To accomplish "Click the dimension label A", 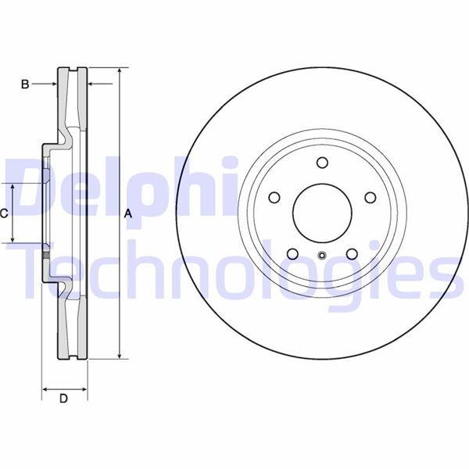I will (130, 214).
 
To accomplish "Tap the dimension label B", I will (25, 84).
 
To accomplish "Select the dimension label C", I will (5, 213).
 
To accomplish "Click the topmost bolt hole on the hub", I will (321, 162).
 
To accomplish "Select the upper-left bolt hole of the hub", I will (274, 197).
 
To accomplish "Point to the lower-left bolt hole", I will (292, 252).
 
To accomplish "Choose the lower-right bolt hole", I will (351, 252).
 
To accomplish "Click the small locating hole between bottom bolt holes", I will (321, 255).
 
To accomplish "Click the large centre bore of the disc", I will (321, 213).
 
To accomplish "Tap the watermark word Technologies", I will (234, 270).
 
